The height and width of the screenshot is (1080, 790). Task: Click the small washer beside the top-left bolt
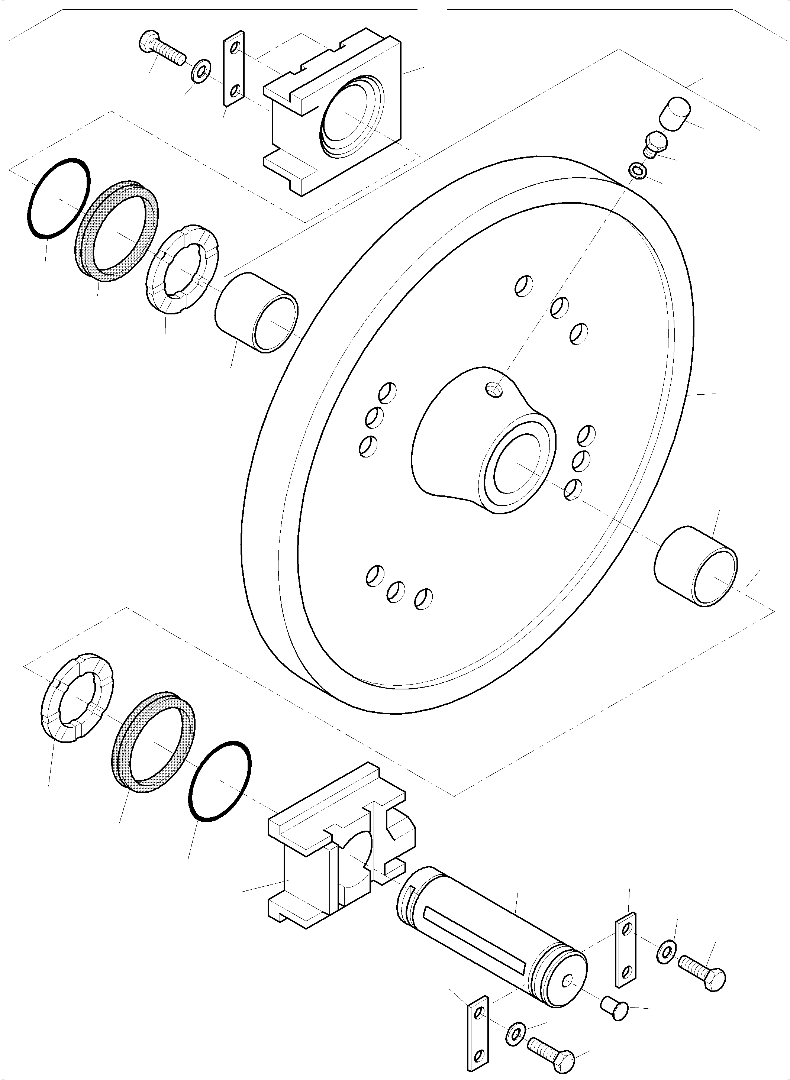click(201, 70)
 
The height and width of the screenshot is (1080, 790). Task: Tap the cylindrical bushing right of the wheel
click(696, 566)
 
